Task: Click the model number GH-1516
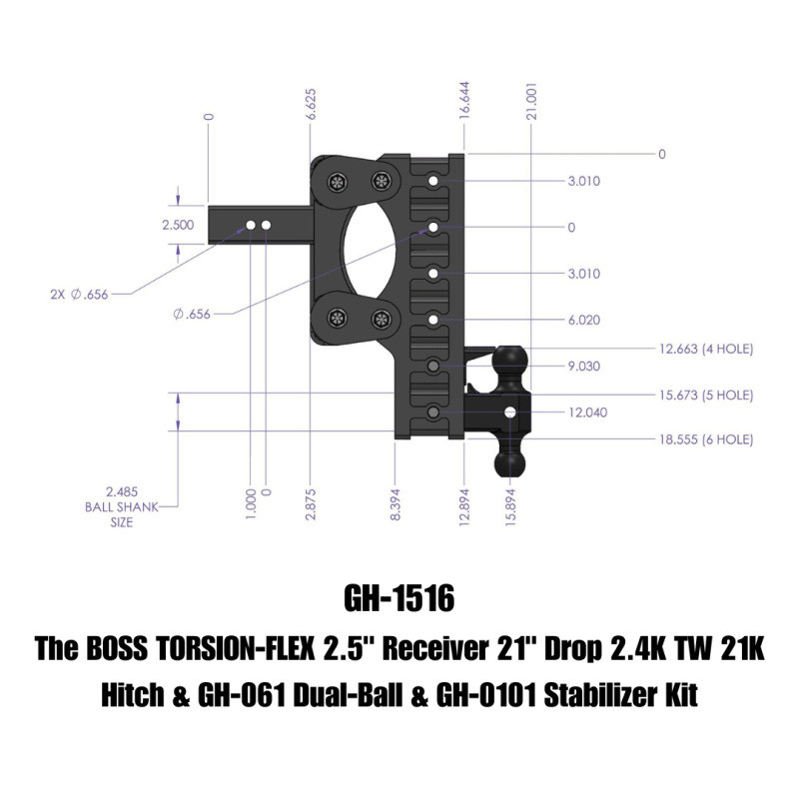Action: click(x=399, y=599)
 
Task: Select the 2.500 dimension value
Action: click(x=178, y=226)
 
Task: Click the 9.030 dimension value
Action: click(x=583, y=367)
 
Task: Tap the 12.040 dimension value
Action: click(x=586, y=411)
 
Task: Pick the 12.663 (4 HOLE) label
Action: click(x=706, y=349)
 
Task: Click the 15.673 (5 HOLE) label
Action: click(x=706, y=395)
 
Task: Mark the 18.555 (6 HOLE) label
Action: click(x=706, y=439)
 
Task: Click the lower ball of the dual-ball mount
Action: click(x=510, y=462)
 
